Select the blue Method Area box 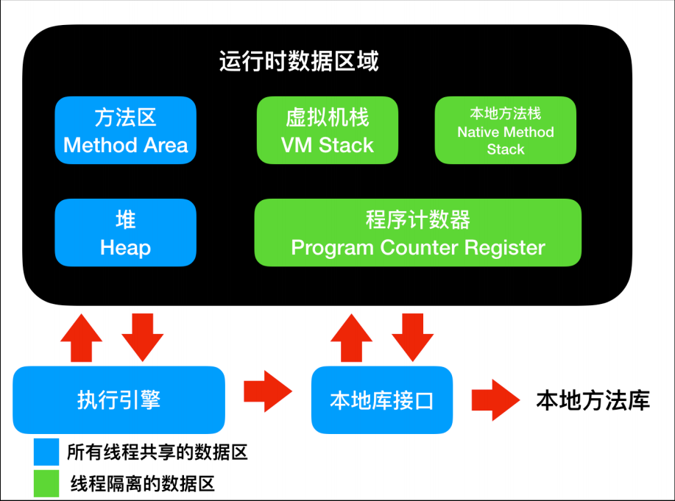pyautogui.click(x=126, y=130)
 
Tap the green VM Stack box pyautogui.click(x=327, y=130)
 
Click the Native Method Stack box pyautogui.click(x=505, y=130)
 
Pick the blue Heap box pyautogui.click(x=126, y=232)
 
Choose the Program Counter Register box pyautogui.click(x=417, y=232)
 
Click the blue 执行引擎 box pyautogui.click(x=119, y=399)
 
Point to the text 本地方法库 pyautogui.click(x=593, y=401)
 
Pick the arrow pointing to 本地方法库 pyautogui.click(x=494, y=399)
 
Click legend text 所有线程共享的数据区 pyautogui.click(x=157, y=452)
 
